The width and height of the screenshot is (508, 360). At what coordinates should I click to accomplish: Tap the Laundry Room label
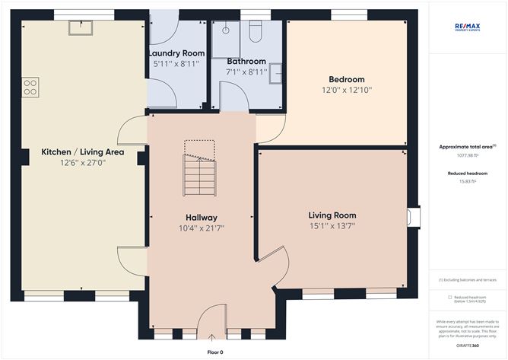176,53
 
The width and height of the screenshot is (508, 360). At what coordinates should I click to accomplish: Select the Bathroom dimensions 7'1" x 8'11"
246,72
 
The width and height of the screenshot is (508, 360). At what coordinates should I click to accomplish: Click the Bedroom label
346,79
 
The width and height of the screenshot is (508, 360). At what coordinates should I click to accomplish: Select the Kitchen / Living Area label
83,152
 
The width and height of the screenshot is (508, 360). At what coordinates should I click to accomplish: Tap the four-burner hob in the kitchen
30,88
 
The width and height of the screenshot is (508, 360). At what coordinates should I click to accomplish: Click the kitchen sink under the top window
79,27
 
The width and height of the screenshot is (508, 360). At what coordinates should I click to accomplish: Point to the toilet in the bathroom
255,30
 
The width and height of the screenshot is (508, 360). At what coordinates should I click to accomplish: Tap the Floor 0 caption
215,352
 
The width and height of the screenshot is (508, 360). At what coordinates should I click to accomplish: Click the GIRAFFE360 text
467,345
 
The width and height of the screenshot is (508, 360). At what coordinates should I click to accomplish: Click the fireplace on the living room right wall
412,218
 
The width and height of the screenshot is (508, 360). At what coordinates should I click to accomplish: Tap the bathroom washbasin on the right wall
276,72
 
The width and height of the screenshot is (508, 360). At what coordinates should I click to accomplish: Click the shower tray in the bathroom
225,38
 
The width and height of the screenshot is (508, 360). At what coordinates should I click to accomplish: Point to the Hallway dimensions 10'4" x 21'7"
201,228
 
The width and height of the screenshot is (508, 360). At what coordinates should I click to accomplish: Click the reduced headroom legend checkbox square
449,298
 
